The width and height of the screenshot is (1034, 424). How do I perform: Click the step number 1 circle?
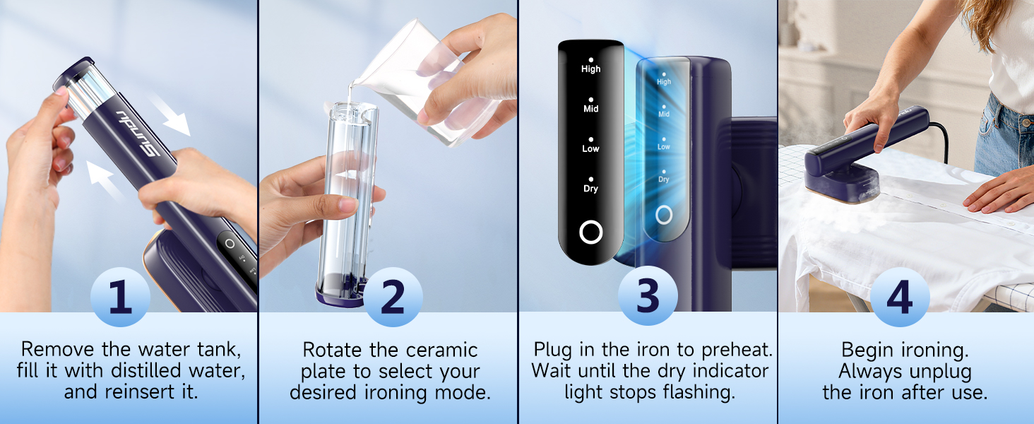[x=120, y=297]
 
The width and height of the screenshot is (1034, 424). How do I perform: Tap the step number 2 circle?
[x=393, y=297]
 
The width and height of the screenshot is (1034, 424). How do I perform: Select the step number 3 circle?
[x=648, y=295]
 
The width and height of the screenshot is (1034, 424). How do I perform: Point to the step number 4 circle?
[x=900, y=297]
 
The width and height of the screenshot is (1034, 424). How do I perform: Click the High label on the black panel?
[x=591, y=69]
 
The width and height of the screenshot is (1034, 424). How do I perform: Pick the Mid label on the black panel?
[x=591, y=109]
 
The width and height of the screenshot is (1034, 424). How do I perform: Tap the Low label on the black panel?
[x=591, y=148]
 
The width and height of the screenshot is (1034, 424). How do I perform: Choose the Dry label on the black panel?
[x=591, y=189]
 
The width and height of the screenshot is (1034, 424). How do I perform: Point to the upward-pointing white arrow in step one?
[x=106, y=181]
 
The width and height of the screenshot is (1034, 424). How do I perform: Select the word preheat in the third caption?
[x=737, y=350]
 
